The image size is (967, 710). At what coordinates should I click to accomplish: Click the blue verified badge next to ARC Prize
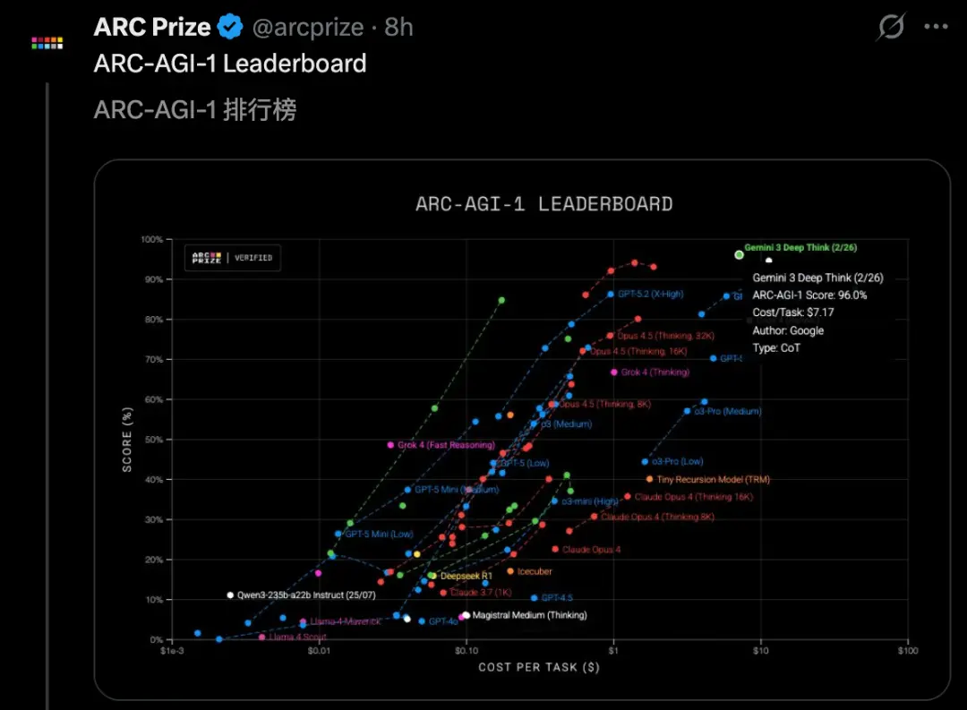pos(231,28)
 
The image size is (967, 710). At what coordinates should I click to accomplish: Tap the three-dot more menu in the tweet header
pos(936,28)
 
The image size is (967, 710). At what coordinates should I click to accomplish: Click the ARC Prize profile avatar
pos(47,42)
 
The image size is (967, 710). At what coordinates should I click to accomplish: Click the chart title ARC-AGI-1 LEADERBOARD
pos(543,204)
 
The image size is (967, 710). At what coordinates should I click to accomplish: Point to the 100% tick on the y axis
pos(150,240)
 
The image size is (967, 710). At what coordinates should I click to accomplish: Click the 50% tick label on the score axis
pos(152,440)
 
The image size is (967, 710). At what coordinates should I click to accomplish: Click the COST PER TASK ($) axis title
pos(539,667)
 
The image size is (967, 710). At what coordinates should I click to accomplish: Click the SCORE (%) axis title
pos(127,439)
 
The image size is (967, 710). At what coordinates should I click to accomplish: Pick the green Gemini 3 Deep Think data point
pos(739,254)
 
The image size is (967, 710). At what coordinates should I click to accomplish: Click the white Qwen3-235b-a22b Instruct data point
pos(230,595)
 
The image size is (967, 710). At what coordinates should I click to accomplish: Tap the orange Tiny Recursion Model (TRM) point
pos(649,479)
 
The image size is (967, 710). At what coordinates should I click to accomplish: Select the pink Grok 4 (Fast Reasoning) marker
pos(390,445)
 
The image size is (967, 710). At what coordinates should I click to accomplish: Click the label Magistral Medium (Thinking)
pos(529,615)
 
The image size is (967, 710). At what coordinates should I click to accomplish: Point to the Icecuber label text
pos(535,571)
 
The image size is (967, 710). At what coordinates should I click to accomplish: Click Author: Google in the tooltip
pos(788,330)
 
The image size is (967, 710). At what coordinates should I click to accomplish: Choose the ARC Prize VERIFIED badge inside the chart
pos(233,258)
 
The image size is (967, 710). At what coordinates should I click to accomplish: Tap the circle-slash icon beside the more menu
pos(891,28)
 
